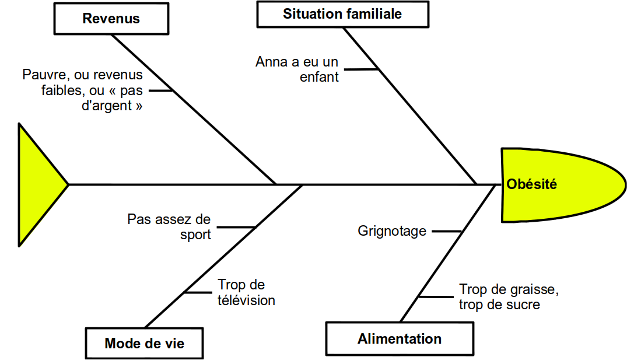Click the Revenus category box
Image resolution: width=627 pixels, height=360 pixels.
(111, 19)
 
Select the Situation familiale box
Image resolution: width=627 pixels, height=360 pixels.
(342, 14)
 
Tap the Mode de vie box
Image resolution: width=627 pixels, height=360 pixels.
(144, 343)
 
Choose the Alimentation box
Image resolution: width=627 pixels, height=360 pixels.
(400, 338)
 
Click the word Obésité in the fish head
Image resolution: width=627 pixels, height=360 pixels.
(531, 185)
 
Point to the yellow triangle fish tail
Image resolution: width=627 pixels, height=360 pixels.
(38, 184)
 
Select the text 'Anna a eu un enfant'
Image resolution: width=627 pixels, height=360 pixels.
(296, 69)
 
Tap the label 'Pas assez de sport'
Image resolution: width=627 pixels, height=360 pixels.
(169, 227)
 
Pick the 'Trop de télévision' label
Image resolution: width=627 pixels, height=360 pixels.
(246, 292)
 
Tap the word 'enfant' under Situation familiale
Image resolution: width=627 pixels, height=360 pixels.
(319, 77)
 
